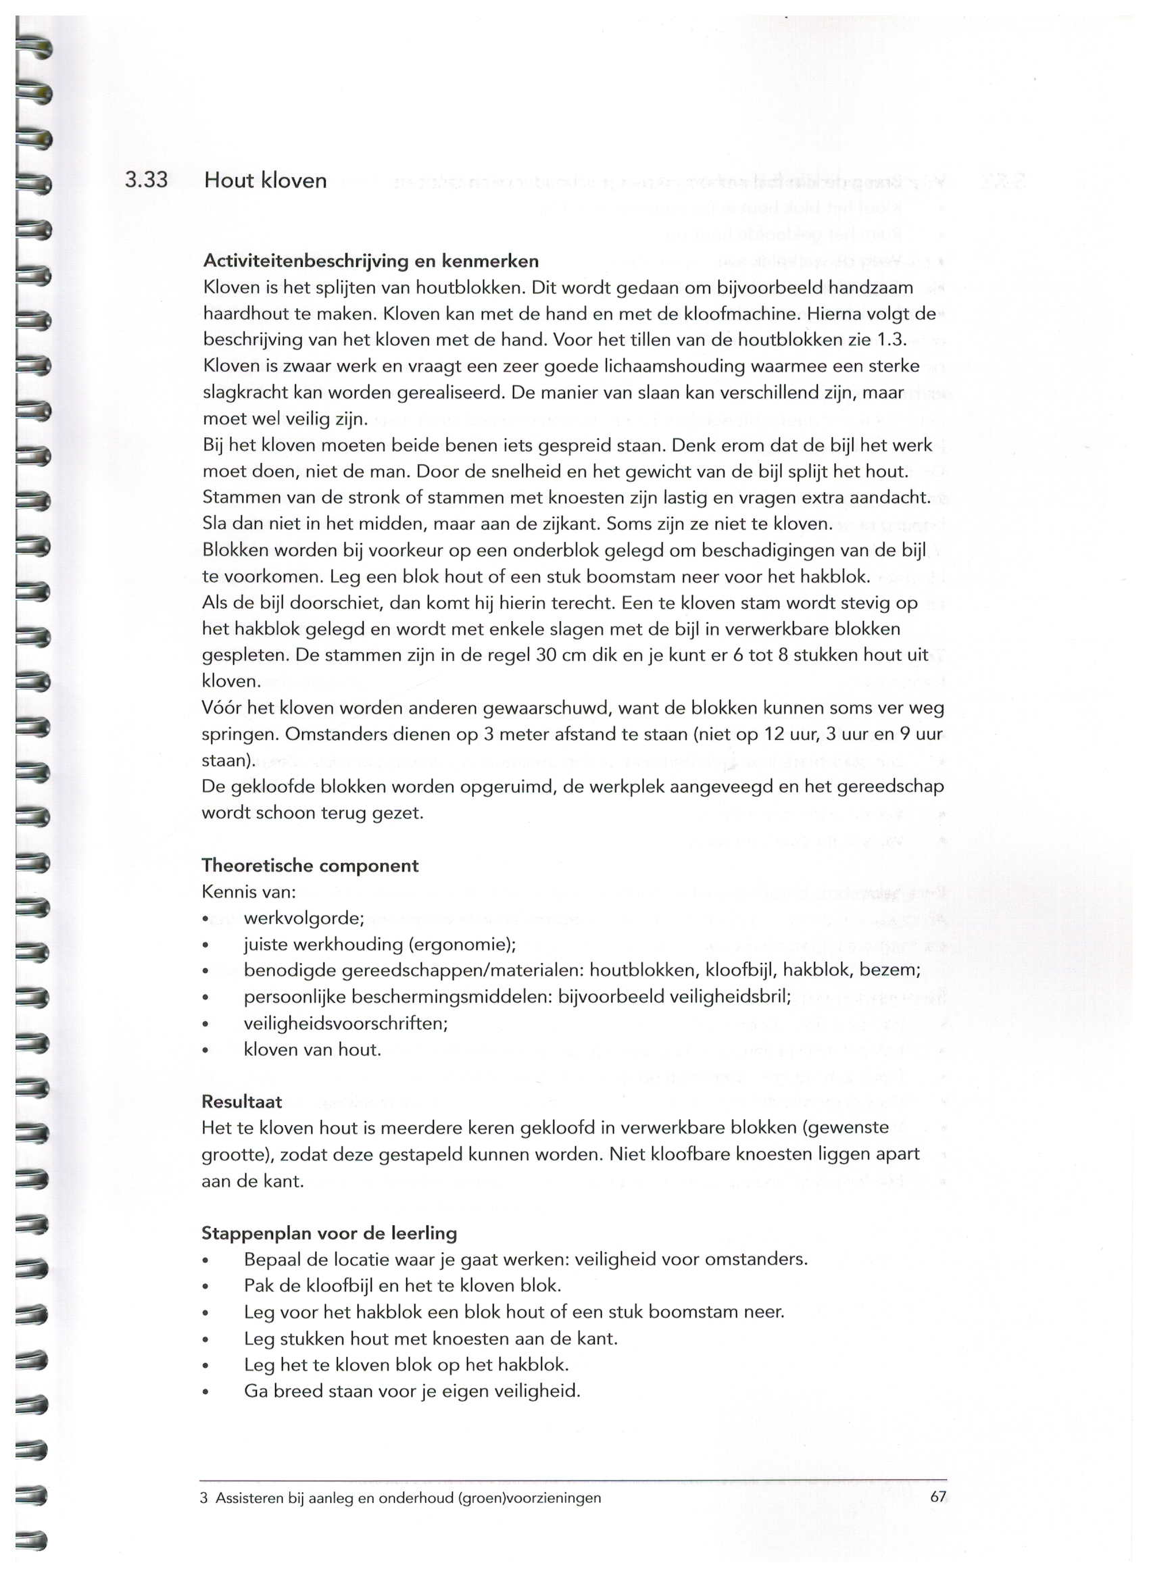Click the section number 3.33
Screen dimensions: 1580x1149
(146, 180)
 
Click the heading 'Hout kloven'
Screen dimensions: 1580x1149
(265, 181)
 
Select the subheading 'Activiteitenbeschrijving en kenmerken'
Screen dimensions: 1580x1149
(370, 262)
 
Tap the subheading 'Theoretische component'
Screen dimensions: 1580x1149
(310, 865)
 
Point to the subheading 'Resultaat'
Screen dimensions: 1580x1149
(242, 1102)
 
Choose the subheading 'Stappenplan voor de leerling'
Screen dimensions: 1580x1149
(329, 1233)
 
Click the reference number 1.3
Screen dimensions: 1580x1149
(896, 340)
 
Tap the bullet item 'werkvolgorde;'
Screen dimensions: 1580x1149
(303, 918)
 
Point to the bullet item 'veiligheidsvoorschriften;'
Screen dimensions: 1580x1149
(345, 1023)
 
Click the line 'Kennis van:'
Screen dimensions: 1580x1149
(249, 892)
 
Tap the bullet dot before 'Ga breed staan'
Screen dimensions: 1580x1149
(205, 1393)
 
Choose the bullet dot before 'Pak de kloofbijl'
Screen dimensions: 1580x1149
(205, 1287)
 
